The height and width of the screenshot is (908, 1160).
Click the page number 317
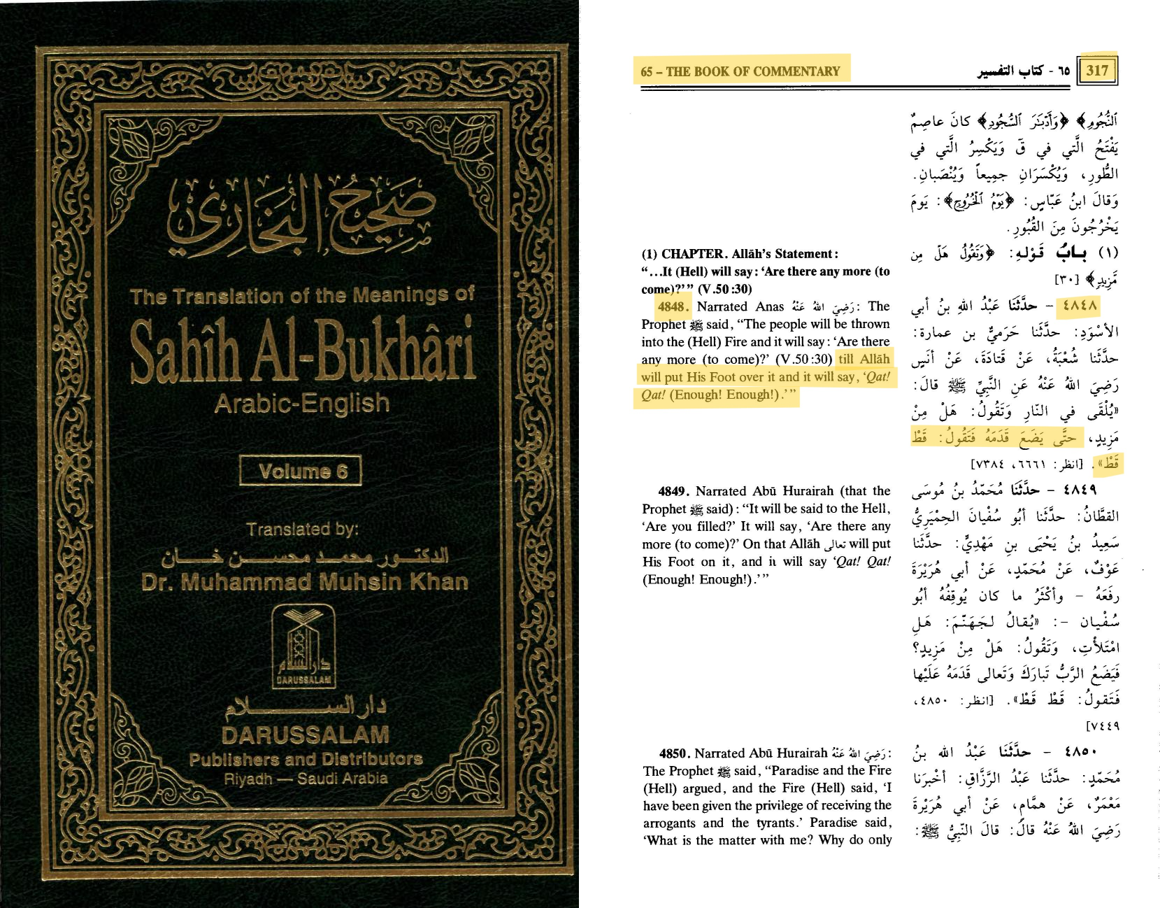click(x=1097, y=70)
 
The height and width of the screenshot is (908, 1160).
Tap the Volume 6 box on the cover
click(x=301, y=471)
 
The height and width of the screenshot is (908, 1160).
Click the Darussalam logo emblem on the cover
click(x=303, y=646)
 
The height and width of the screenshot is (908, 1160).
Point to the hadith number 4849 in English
click(x=673, y=491)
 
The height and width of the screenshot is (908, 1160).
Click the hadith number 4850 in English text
click(x=675, y=753)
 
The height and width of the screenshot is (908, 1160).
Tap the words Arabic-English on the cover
click(x=301, y=404)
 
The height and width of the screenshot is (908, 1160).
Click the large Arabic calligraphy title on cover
click(x=301, y=217)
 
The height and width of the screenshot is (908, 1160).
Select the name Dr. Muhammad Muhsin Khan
click(x=304, y=582)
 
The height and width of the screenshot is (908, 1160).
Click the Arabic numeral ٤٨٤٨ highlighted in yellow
click(x=1080, y=306)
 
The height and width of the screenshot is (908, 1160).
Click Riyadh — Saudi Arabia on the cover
click(x=306, y=779)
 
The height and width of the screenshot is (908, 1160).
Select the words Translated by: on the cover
click(x=302, y=530)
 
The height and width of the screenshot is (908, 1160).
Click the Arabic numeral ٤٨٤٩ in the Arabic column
click(x=1080, y=490)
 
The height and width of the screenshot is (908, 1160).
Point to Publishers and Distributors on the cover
click(x=306, y=759)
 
